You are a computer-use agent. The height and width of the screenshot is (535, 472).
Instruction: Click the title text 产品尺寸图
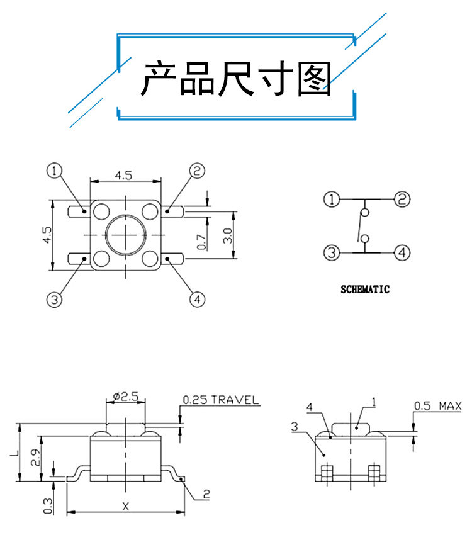point(236,78)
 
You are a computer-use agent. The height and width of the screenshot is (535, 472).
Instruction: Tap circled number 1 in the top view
point(55,171)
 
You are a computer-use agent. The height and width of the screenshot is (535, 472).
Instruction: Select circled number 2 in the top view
point(197,171)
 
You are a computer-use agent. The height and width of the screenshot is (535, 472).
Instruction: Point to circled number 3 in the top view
point(55,300)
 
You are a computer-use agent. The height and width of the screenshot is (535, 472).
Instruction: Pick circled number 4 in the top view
point(197,300)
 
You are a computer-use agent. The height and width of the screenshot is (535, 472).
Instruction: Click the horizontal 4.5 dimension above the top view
point(124,176)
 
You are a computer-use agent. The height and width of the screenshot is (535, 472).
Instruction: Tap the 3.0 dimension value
point(227,236)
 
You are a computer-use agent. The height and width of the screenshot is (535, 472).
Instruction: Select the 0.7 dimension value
point(201,241)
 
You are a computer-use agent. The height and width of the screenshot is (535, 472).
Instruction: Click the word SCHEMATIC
point(365,290)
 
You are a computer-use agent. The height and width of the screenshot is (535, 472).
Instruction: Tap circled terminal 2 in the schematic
point(402,200)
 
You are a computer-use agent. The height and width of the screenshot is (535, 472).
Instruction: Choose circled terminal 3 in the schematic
point(331,253)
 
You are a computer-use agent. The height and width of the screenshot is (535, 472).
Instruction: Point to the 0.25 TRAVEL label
point(220,400)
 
